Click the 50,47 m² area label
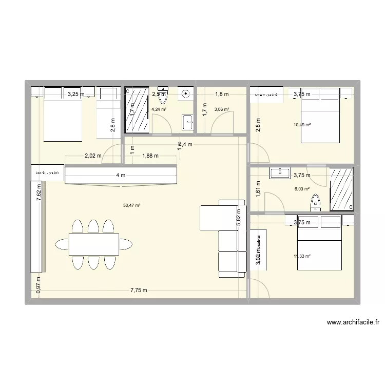(132, 206)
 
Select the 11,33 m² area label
(302, 257)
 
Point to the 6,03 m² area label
(302, 189)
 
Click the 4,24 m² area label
(158, 109)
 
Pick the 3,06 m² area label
(221, 109)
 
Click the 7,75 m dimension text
(138, 290)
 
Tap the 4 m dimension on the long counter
(120, 176)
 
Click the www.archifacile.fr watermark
(353, 323)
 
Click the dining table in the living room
(94, 244)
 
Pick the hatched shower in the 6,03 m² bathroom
(341, 189)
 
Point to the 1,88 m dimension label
(150, 156)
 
